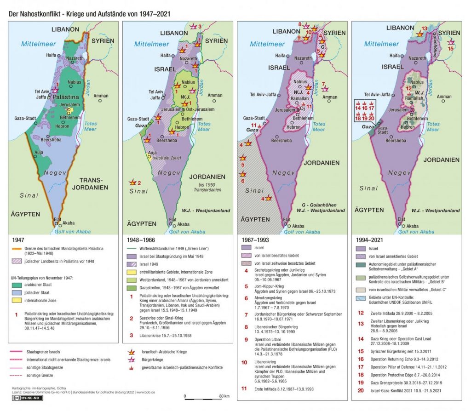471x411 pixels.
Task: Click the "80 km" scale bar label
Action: click(224, 396)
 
